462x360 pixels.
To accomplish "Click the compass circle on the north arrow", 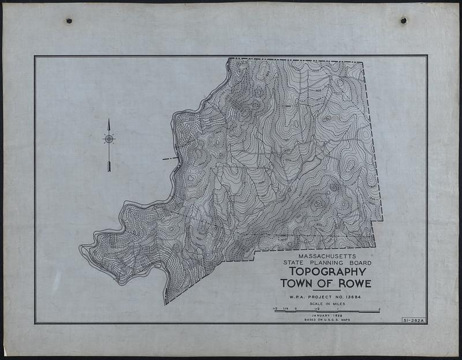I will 109,138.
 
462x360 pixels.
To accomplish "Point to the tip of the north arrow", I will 109,119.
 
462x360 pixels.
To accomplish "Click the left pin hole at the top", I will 69,21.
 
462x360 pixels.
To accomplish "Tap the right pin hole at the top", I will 403,20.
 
